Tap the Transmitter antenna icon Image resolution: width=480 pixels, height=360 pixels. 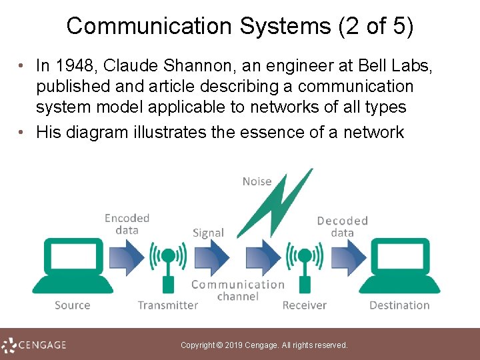pos(168,267)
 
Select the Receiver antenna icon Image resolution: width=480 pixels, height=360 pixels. pos(305,267)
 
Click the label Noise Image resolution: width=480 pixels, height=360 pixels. pos(257,181)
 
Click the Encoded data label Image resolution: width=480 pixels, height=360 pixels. pos(127,224)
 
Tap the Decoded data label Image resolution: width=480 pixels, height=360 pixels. pos(342,227)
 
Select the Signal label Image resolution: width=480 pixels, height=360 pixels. pos(208,233)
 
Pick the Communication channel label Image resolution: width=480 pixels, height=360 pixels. pos(237,290)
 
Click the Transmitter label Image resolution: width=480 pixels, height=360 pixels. pos(168,305)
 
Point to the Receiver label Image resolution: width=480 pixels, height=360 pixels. pos(305,305)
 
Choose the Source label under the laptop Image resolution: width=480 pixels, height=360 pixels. pos(72,305)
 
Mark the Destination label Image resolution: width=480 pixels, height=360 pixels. pos(399,305)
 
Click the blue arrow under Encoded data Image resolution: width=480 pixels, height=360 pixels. pos(126,257)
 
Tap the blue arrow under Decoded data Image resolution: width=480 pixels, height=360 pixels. pos(347,257)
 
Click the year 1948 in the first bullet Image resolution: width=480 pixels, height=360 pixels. pos(73,65)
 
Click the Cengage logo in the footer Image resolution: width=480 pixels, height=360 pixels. pos(35,345)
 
